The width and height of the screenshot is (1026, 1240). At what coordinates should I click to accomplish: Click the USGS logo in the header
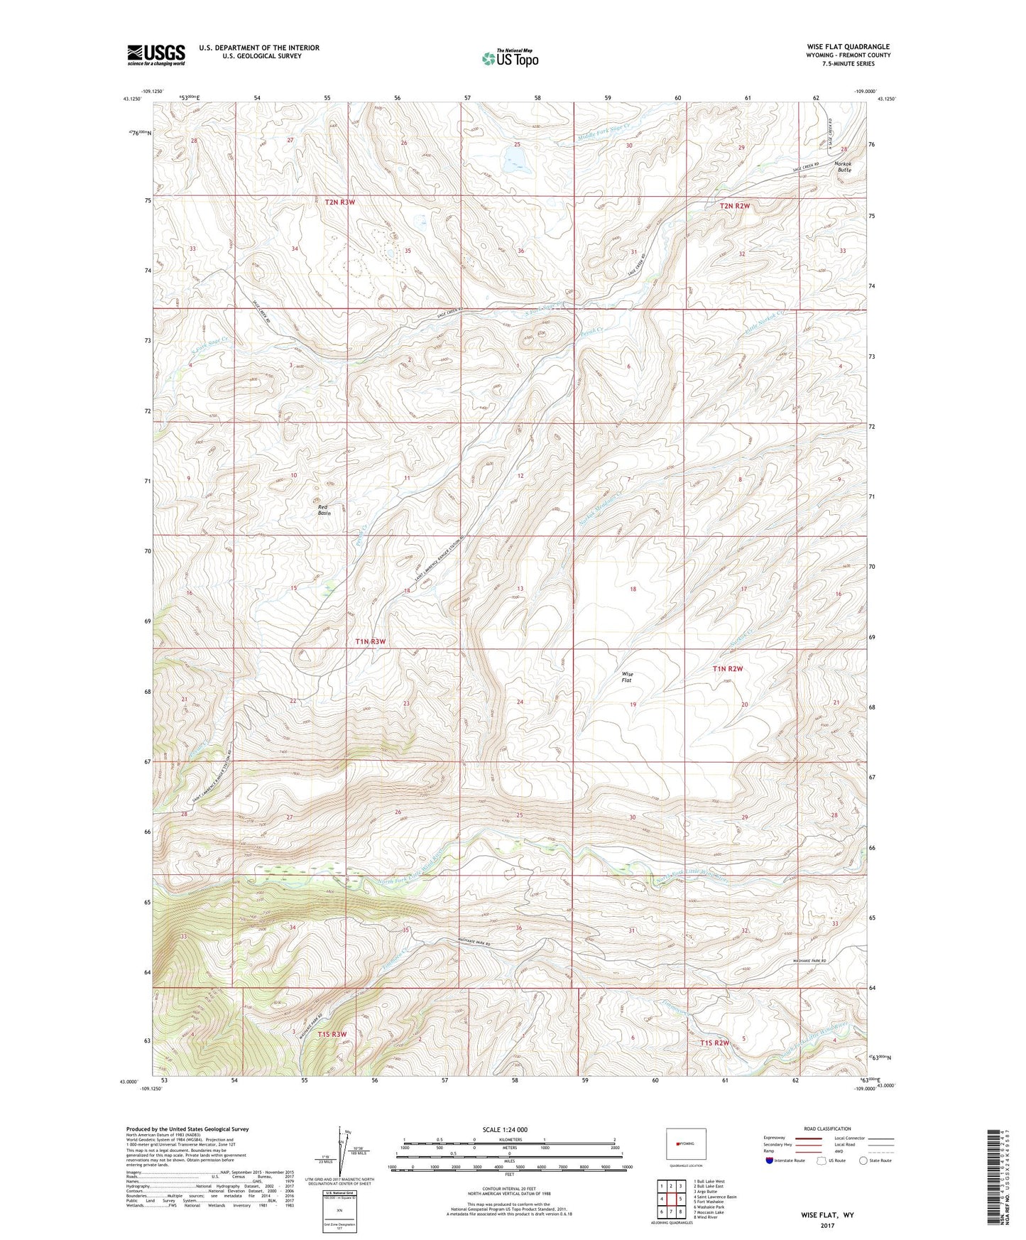tap(156, 55)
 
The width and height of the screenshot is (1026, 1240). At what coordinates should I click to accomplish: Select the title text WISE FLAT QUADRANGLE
tap(848, 47)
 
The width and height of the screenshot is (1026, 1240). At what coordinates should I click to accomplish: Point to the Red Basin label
tap(324, 509)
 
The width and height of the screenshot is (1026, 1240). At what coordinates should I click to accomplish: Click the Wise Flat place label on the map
tap(627, 677)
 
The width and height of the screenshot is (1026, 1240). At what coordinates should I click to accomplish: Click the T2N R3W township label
tap(339, 202)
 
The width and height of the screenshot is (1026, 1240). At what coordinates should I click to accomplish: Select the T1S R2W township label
tap(714, 1043)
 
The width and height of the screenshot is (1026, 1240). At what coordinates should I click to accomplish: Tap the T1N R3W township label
tap(370, 641)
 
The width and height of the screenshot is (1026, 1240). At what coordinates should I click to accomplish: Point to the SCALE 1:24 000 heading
tap(505, 1129)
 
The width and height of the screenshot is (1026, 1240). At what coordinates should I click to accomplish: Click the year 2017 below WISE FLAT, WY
tap(827, 1225)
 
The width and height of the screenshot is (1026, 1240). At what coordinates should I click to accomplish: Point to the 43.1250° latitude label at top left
tap(131, 99)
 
